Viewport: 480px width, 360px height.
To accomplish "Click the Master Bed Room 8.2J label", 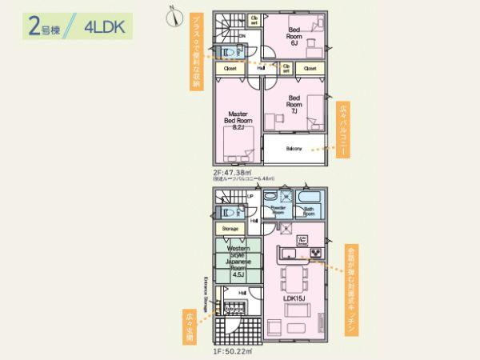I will click(236, 120).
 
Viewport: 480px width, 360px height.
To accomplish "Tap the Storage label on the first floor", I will click(230, 229).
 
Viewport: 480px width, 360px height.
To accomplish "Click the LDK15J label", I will click(294, 298).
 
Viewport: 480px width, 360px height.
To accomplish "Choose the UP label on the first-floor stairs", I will click(250, 196).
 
